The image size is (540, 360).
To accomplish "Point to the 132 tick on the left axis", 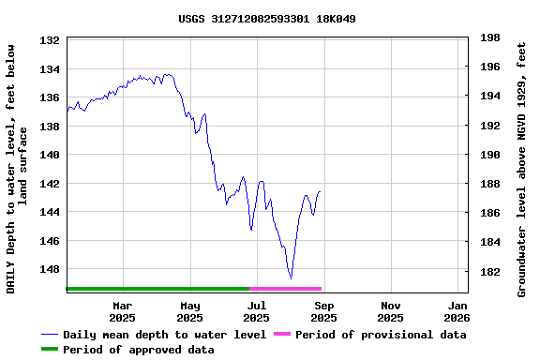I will [x=51, y=40].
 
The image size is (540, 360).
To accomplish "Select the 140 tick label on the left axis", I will [x=51, y=155].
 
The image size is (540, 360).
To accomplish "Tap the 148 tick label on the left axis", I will [x=51, y=269].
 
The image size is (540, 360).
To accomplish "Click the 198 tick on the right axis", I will [x=489, y=37].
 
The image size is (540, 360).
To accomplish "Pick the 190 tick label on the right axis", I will [x=489, y=155].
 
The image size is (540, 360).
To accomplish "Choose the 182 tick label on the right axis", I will [x=489, y=272].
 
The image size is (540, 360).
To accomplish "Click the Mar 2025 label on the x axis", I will [x=123, y=311].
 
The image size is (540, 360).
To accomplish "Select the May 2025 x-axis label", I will [x=190, y=311].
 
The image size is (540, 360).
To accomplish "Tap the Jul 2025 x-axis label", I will [x=257, y=311].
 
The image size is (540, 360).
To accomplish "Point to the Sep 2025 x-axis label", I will [x=324, y=311].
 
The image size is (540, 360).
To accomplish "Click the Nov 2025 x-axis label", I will [x=391, y=311].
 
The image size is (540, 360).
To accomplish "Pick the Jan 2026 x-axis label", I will [x=458, y=311].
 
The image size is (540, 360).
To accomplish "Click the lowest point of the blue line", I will [x=291, y=278].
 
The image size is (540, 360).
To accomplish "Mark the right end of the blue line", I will [x=321, y=191].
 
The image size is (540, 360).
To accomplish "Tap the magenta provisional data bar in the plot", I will [x=286, y=289].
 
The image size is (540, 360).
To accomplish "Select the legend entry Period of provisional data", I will [x=375, y=335].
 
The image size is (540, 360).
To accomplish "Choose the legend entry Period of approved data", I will [x=139, y=350].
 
